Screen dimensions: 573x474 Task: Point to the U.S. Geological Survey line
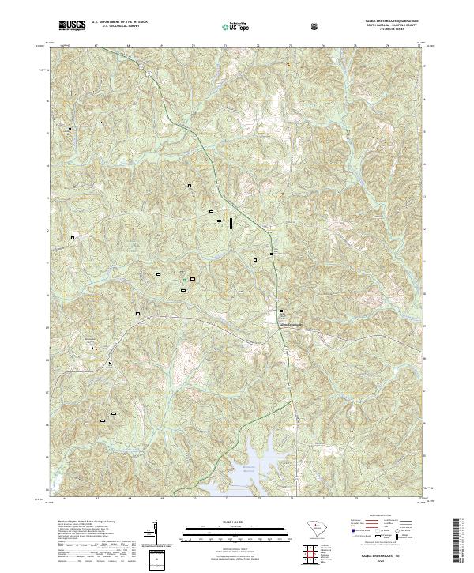point(114,28)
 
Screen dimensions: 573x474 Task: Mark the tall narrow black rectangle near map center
point(231,224)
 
